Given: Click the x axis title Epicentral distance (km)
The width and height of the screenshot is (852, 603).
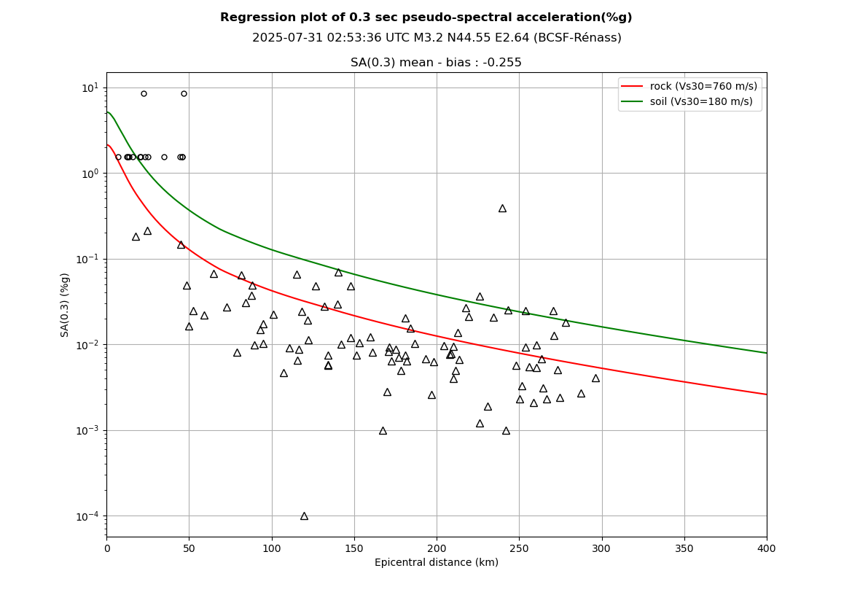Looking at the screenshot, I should pos(436,563).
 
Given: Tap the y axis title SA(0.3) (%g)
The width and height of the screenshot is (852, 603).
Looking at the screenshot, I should pos(66,304).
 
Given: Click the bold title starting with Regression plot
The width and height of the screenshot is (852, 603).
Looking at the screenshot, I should pos(426,17).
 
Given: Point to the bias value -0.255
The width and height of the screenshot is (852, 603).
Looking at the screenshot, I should pos(501,63).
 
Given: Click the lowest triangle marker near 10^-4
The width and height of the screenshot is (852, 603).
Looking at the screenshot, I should pos(304,516).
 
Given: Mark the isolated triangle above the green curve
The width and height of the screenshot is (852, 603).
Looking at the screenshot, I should pos(502,209).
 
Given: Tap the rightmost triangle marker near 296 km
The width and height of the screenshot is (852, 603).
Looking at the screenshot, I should pos(595,378).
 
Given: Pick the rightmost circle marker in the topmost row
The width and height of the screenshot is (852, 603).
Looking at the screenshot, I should pos(184,93).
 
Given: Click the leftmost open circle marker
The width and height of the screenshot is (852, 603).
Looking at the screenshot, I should pos(118,157).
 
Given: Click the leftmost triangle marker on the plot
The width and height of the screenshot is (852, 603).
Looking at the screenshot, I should pos(136,237).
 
